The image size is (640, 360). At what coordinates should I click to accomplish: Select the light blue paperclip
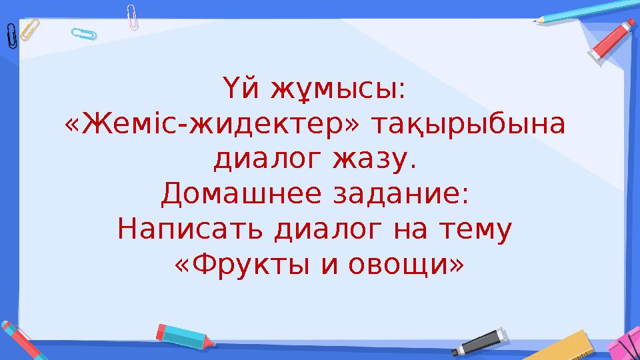tap(83, 33)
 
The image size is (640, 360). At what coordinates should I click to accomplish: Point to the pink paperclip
tap(133, 17)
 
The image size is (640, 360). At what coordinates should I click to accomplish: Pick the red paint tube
tap(613, 43)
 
